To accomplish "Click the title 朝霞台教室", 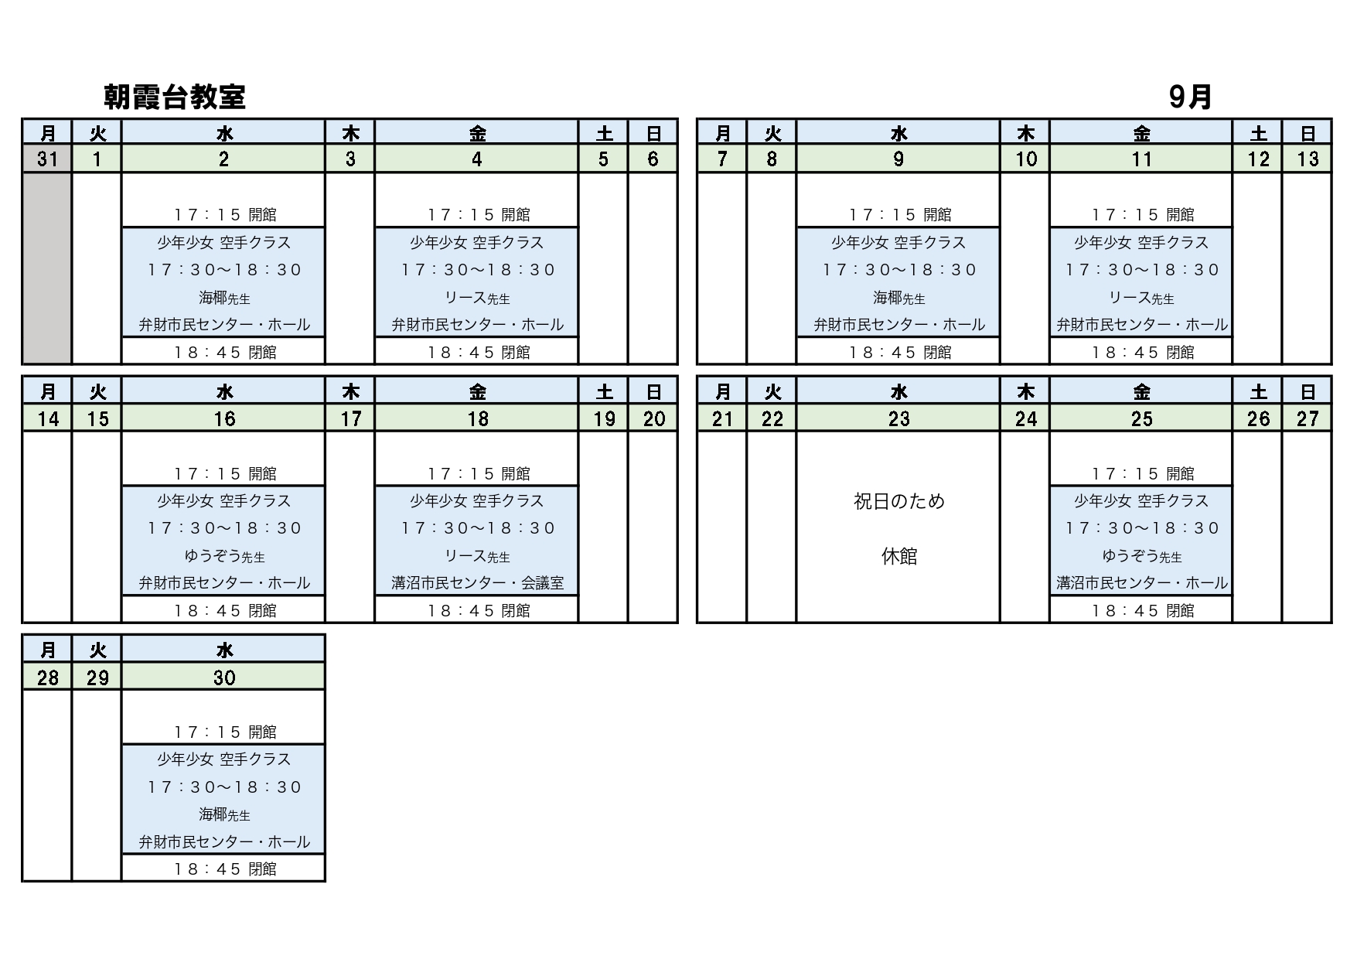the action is (175, 97).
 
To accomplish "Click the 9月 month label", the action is (1190, 97).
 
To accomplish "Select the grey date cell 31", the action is (47, 159).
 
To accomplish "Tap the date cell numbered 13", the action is (1308, 159).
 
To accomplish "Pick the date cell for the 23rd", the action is (898, 418).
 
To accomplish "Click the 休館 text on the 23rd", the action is (898, 556).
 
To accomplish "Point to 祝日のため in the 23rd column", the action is (898, 501).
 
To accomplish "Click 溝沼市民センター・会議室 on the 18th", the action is (477, 583).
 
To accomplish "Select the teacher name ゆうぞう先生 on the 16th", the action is (224, 556).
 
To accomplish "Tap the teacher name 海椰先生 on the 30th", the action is (224, 814).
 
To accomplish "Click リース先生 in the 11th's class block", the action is (1141, 298).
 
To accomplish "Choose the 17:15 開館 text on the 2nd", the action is (224, 214).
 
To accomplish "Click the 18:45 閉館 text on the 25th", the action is (1142, 610).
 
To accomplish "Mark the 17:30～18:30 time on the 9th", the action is (898, 270).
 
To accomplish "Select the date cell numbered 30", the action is (223, 677).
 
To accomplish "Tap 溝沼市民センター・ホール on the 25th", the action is (1141, 583).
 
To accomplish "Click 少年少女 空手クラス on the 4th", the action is (477, 243).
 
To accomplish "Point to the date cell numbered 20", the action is (653, 418).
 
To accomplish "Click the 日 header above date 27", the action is (1308, 392).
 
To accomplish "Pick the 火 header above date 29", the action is (97, 650).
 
